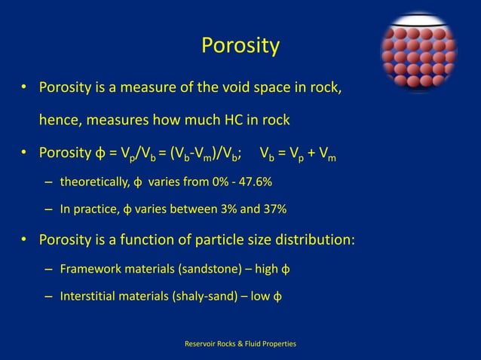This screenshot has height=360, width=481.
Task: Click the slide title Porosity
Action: click(x=240, y=46)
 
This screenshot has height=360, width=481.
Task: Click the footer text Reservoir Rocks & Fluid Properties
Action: click(x=240, y=343)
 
